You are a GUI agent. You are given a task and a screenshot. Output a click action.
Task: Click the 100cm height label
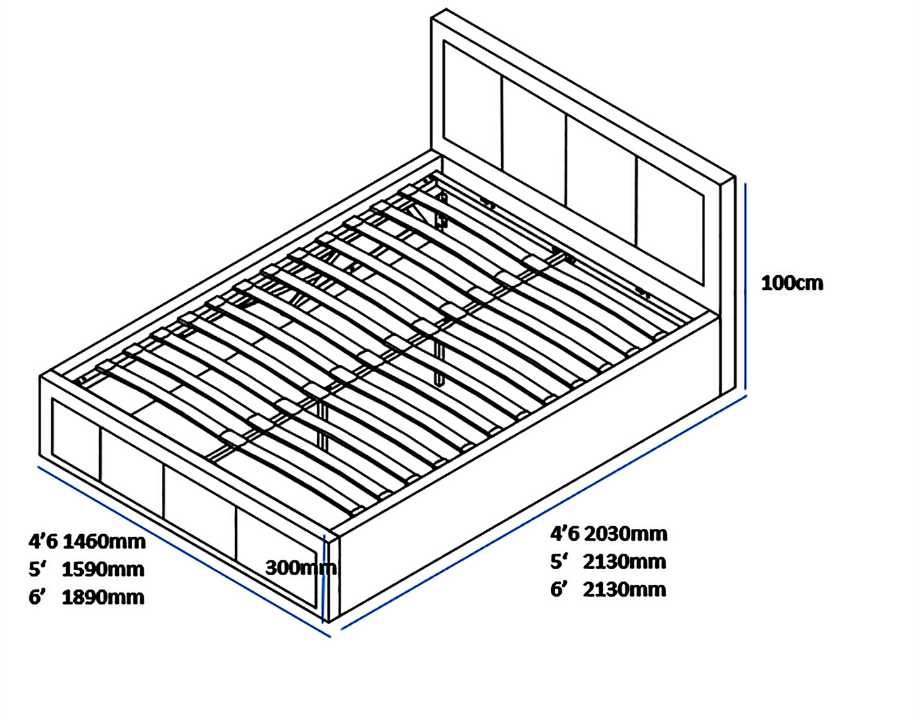tap(792, 283)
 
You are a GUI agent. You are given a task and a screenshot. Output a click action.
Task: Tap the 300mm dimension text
tap(300, 567)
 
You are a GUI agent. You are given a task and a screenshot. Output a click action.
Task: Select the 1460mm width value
tap(104, 542)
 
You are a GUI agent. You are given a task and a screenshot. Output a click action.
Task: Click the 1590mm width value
tap(103, 569)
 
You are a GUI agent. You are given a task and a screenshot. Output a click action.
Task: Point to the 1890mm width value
tap(103, 597)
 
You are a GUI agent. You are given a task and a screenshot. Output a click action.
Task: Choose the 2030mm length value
tap(625, 533)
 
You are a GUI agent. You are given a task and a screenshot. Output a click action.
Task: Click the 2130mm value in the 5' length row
tap(624, 561)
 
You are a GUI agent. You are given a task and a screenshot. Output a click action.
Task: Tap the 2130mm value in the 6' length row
tap(624, 589)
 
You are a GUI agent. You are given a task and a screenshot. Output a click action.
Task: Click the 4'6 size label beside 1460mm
tap(43, 542)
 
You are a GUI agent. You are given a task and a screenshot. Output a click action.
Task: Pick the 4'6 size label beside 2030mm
tap(565, 533)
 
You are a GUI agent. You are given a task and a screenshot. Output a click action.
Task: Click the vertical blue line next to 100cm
tap(745, 286)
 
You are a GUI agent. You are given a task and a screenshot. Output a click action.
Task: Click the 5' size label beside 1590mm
tap(37, 569)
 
